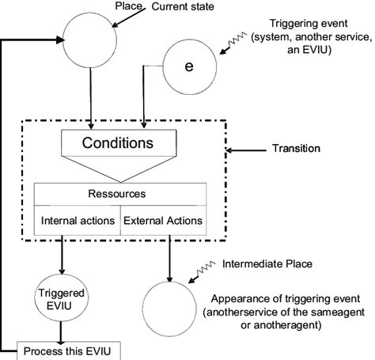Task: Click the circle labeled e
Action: pyautogui.click(x=188, y=66)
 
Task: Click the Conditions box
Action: pyautogui.click(x=118, y=144)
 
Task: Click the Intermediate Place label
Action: pyautogui.click(x=269, y=263)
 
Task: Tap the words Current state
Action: pyautogui.click(x=182, y=7)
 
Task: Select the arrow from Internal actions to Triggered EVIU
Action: pyautogui.click(x=61, y=254)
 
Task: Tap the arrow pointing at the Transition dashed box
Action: pyautogui.click(x=246, y=148)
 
